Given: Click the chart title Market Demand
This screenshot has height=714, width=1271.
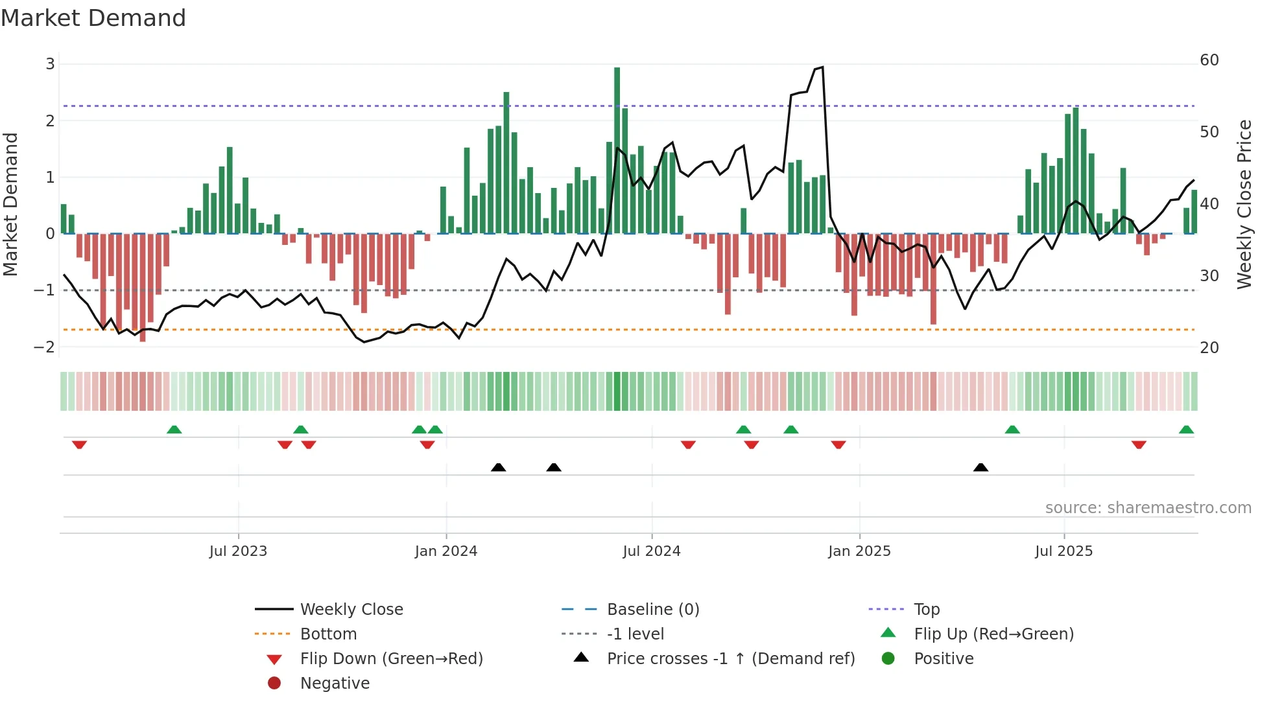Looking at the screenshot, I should (x=93, y=18).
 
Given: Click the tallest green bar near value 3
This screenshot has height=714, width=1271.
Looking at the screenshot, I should (x=617, y=149).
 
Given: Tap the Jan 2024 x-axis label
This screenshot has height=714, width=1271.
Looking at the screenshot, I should (x=445, y=551).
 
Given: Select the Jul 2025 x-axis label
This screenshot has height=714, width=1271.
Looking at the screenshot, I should (x=1063, y=551).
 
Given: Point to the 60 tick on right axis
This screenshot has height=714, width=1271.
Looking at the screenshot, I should (x=1209, y=60).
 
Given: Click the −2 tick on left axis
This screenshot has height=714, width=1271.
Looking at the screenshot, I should (x=44, y=347).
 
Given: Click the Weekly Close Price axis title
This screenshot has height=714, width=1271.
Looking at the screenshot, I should (x=1244, y=204).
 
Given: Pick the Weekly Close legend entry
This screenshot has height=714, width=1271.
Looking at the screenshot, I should (x=351, y=609).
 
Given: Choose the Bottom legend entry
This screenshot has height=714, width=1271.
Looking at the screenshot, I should (x=328, y=634).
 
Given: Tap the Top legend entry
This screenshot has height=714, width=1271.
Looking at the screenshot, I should (x=926, y=609).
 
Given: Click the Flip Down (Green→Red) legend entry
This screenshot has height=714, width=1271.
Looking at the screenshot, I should (x=391, y=658).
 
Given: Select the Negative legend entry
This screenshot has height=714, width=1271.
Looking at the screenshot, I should (x=335, y=683).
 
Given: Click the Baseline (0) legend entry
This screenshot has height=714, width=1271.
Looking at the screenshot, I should (x=652, y=609).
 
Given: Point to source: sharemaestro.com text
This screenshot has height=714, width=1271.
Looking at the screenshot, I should (x=1148, y=507).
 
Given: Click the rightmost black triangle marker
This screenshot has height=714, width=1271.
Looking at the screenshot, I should (x=980, y=467).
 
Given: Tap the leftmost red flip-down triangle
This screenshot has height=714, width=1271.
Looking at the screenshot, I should (x=79, y=444).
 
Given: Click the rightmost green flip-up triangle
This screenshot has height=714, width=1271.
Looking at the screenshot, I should (x=1186, y=430).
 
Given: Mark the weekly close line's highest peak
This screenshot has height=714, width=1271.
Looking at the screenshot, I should (x=822, y=67).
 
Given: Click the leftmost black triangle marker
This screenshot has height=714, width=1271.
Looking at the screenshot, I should (x=498, y=467).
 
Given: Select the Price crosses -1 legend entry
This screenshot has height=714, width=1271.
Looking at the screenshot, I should (x=730, y=658).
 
